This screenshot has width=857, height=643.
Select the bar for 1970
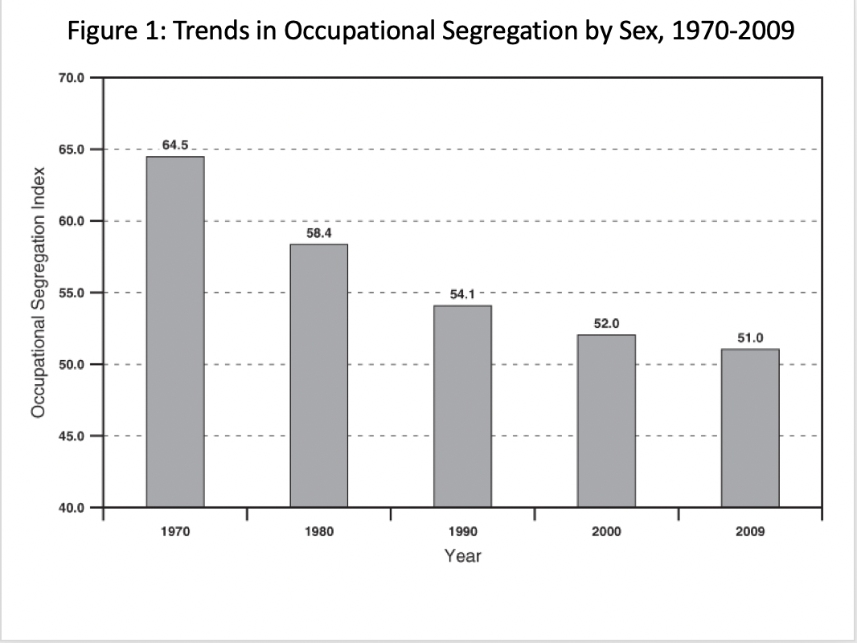(x=174, y=331)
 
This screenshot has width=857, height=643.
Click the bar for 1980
(x=318, y=375)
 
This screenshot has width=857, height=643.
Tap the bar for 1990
(x=462, y=406)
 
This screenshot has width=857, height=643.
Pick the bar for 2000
(x=606, y=420)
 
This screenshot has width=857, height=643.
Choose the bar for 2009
(x=750, y=428)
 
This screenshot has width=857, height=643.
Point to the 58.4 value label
(x=319, y=232)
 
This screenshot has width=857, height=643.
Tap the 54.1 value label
(x=462, y=294)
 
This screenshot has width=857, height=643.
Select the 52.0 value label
(x=606, y=323)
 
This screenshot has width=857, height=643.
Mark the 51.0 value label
(x=750, y=338)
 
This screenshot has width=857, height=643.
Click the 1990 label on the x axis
(x=462, y=532)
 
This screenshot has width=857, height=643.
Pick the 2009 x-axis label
(x=750, y=532)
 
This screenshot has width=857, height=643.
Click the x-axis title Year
(x=462, y=555)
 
